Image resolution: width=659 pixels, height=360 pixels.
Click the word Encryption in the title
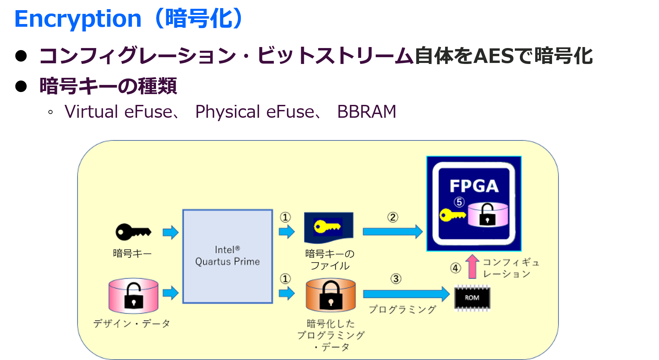[78, 19]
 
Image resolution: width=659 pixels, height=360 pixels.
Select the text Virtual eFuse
[118, 112]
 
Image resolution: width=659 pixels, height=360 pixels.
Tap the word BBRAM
[367, 112]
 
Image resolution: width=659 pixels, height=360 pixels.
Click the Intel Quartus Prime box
[227, 256]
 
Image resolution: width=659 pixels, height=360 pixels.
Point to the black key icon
[133, 232]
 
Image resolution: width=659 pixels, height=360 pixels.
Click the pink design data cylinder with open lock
[133, 295]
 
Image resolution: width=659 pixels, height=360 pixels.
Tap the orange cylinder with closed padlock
[331, 295]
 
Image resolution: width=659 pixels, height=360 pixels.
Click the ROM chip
[472, 298]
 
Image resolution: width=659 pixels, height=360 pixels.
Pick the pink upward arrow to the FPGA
[472, 266]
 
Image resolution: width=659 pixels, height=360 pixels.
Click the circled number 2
[393, 217]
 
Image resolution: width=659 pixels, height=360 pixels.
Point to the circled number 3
[396, 279]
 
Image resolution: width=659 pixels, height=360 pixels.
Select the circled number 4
[456, 268]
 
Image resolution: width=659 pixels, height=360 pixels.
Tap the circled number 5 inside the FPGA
[459, 202]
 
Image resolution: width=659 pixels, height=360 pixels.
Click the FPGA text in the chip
[474, 186]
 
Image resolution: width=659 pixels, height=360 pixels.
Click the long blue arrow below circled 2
[393, 232]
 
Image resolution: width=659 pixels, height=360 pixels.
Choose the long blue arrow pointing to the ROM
[406, 294]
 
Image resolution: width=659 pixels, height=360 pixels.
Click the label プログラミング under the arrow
[402, 309]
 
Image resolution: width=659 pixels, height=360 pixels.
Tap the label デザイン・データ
[132, 323]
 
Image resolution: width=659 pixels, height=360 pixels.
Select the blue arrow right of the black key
[171, 232]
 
